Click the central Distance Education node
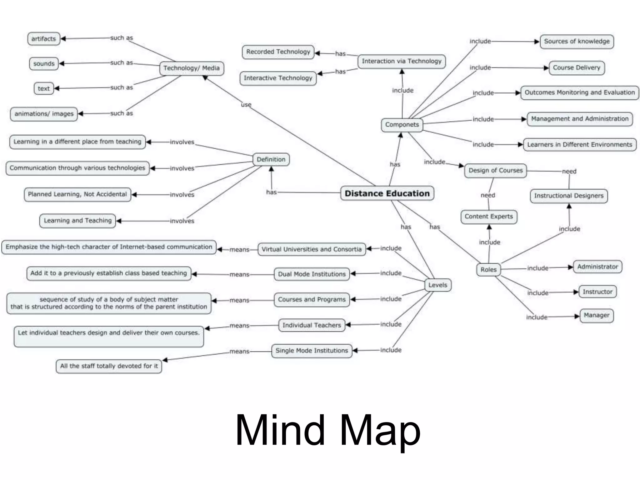tap(387, 193)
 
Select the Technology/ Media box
tap(192, 68)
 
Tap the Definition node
tap(271, 159)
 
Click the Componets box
tap(402, 125)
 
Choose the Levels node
tap(437, 285)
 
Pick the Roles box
tap(488, 269)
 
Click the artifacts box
tap(43, 39)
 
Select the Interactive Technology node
tap(278, 78)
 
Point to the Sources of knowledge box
tap(577, 41)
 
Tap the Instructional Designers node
tap(569, 196)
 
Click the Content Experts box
tap(489, 217)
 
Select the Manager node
tap(597, 315)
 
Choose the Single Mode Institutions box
tap(312, 351)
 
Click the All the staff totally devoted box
tap(109, 366)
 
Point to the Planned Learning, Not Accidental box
tap(77, 194)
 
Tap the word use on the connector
tap(246, 105)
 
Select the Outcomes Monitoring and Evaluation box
tap(580, 92)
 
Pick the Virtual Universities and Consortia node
tap(312, 249)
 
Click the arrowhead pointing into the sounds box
tap(62, 63)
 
